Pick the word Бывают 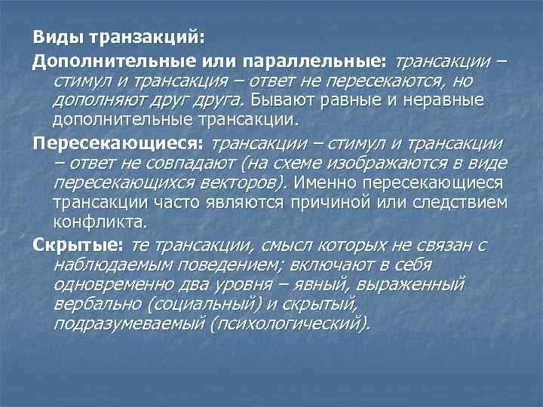coord(283,100)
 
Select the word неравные coord(446,100)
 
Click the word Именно coord(325,183)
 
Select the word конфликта coord(99,224)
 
